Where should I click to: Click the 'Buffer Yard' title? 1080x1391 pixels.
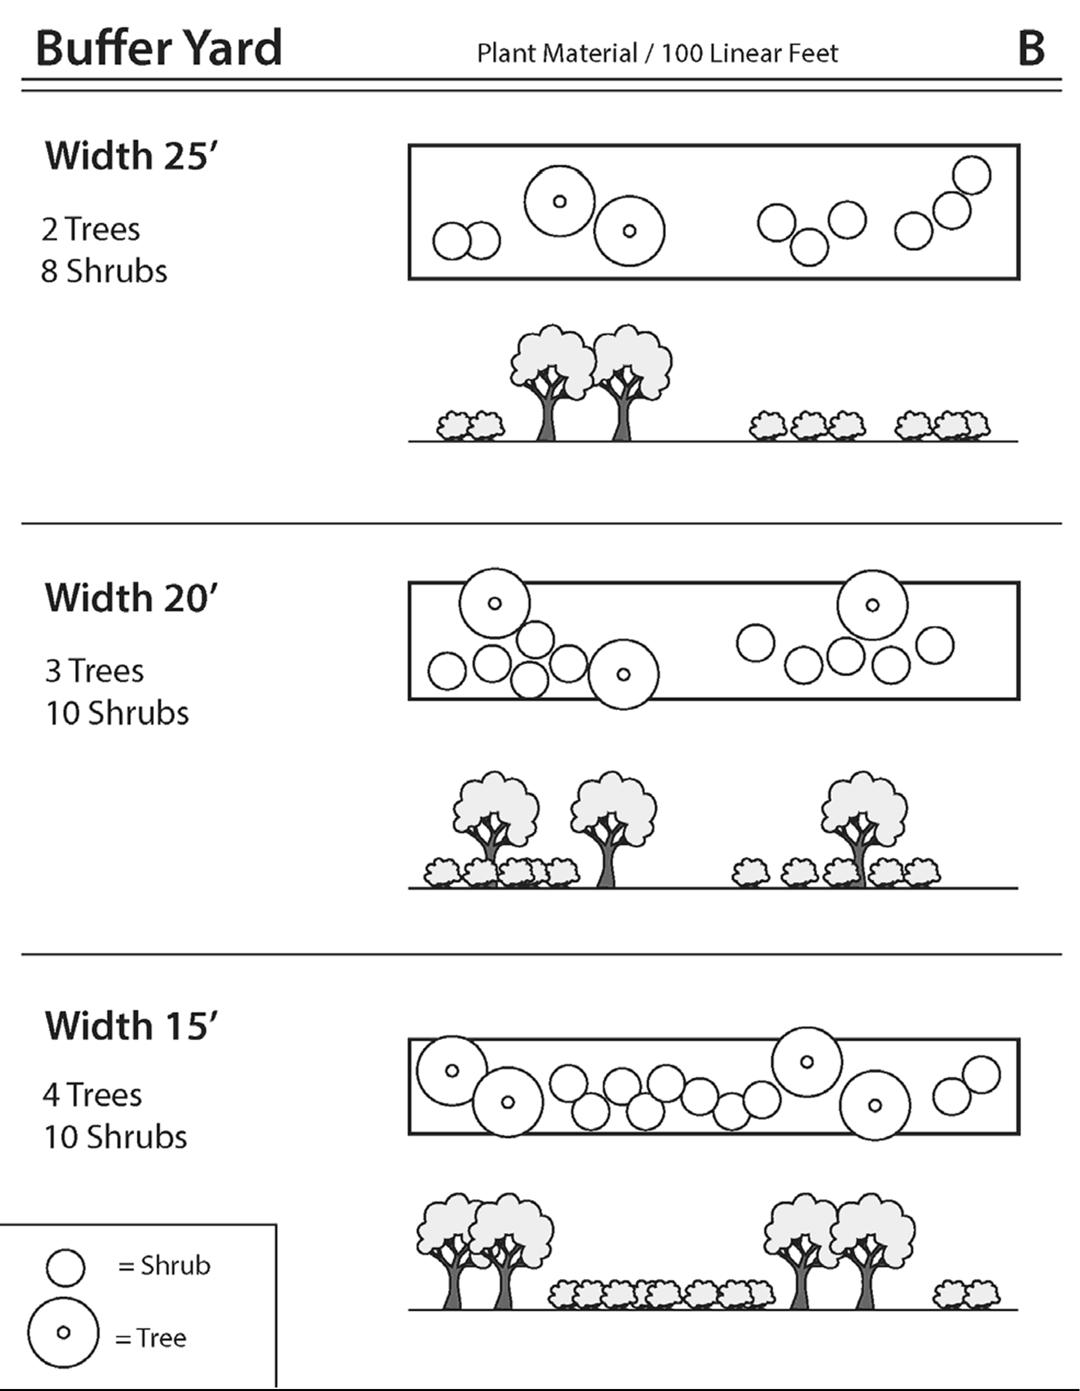click(x=159, y=48)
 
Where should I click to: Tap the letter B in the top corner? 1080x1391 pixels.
click(x=1031, y=48)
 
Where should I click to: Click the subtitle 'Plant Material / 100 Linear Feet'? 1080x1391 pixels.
click(x=657, y=53)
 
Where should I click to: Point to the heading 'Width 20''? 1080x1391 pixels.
click(x=131, y=598)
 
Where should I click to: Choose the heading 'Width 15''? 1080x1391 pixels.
click(x=131, y=1026)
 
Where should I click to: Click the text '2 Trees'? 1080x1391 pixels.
click(x=90, y=229)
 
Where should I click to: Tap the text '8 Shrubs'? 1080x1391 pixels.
click(x=104, y=272)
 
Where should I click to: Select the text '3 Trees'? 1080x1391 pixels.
click(x=94, y=671)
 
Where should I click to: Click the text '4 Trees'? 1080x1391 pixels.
click(x=92, y=1096)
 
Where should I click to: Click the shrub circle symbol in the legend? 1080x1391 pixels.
click(x=65, y=1267)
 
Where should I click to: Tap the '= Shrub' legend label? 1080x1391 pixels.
click(x=164, y=1266)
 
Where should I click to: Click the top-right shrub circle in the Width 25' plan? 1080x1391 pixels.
click(x=971, y=175)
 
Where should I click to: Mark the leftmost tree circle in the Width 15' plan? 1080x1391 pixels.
click(x=451, y=1070)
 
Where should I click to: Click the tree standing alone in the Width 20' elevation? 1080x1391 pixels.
click(x=612, y=828)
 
